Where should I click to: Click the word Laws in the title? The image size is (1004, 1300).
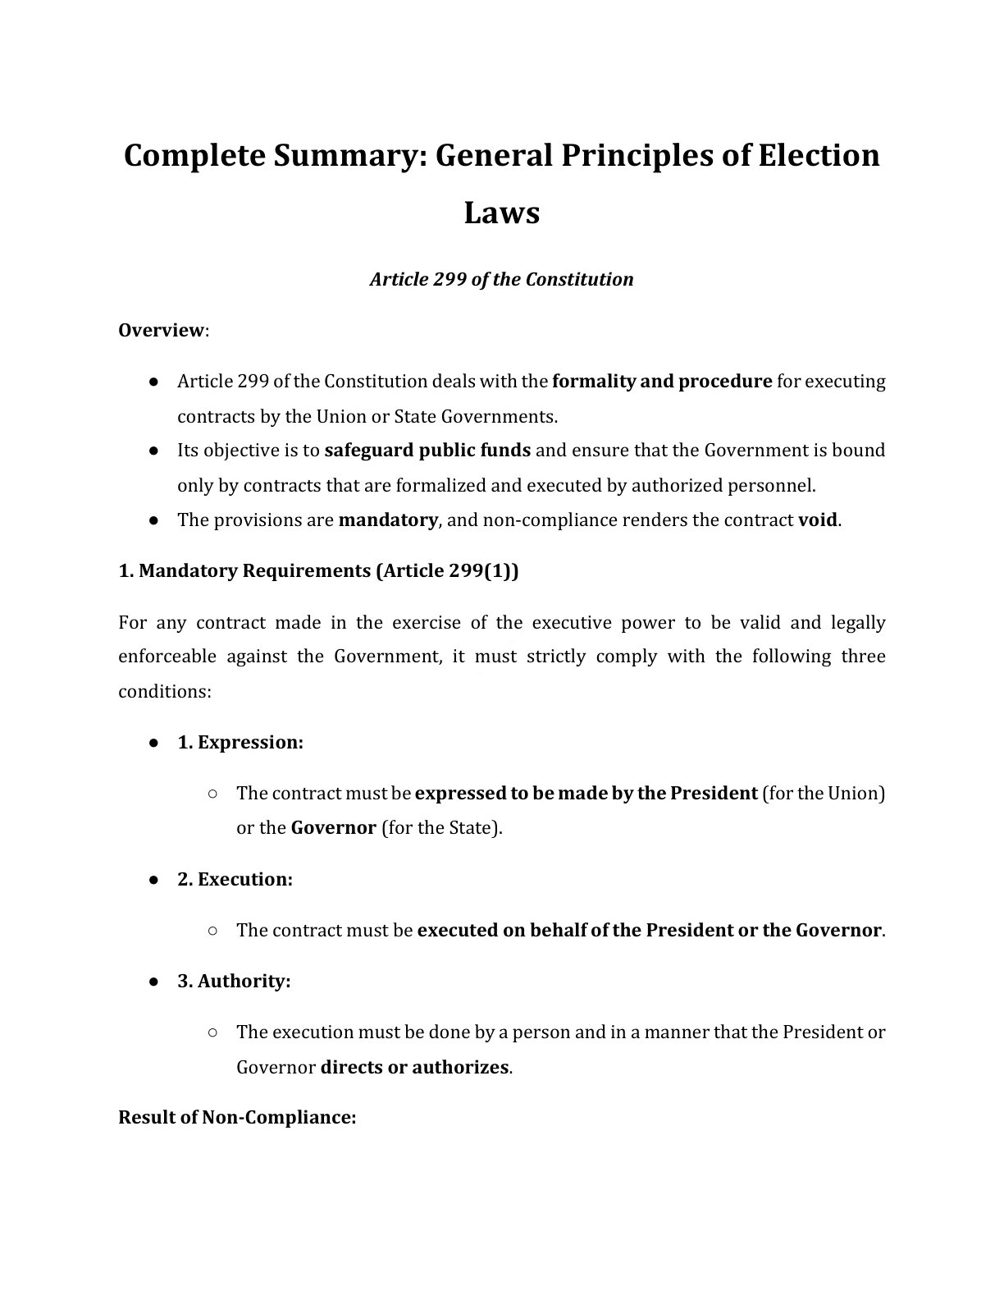(501, 213)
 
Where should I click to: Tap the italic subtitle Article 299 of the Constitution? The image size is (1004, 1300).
(501, 280)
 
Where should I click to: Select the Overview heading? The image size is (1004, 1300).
(162, 330)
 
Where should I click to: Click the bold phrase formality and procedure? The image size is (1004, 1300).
(662, 382)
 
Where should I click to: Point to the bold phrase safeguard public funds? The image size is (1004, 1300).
(427, 451)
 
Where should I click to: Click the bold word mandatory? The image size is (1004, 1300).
(387, 520)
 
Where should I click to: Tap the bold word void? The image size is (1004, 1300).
(818, 520)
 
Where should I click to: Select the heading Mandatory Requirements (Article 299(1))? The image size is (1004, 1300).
(318, 571)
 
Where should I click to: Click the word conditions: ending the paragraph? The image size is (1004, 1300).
(165, 692)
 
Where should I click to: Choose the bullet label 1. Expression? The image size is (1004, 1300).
(240, 743)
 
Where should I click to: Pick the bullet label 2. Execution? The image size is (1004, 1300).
(235, 880)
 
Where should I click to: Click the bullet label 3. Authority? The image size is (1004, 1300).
(234, 982)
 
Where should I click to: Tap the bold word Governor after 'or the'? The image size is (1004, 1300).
(333, 828)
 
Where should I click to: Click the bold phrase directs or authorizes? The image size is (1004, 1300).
(414, 1068)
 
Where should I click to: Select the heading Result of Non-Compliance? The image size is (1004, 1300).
(237, 1118)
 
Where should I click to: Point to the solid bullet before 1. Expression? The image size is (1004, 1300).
(153, 743)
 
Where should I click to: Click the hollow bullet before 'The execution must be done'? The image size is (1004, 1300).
(212, 1032)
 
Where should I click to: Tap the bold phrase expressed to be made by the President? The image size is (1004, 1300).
(586, 794)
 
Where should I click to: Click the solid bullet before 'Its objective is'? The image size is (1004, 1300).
(153, 451)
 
